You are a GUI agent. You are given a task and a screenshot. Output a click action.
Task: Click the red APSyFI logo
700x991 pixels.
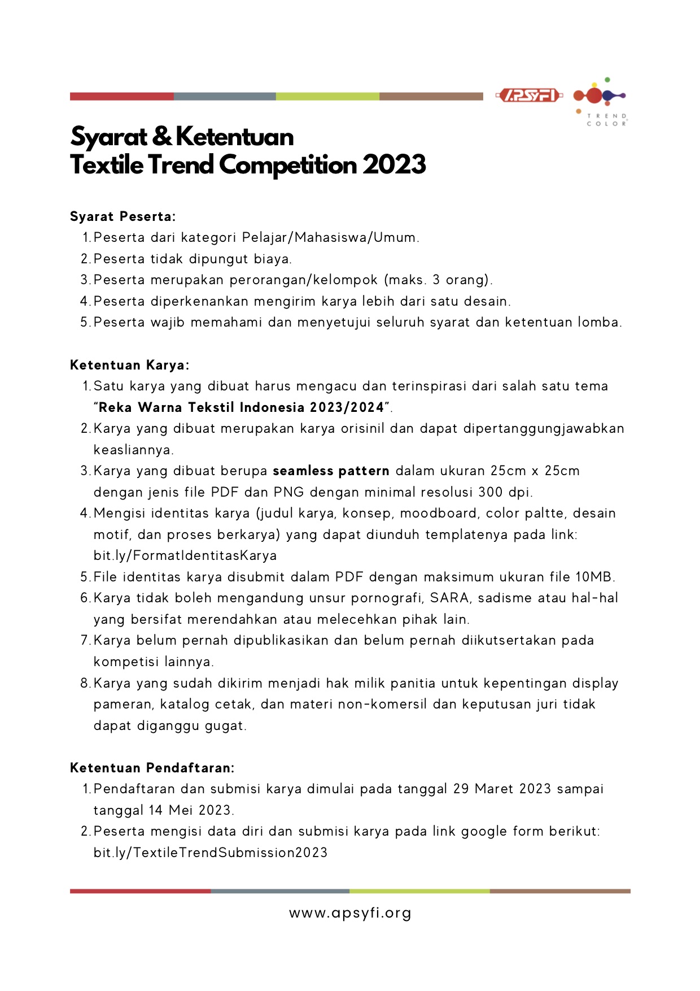point(528,95)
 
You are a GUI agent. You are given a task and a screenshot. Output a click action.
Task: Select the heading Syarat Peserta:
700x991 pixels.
point(123,216)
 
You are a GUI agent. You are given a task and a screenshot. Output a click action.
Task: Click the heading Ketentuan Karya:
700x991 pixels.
point(130,365)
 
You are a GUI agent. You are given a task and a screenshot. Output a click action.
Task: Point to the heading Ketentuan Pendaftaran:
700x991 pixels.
point(152,768)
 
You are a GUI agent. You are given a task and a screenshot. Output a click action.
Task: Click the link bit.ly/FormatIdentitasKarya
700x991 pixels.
point(185,555)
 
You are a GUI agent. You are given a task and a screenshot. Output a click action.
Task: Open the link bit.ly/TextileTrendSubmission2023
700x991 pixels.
point(211,853)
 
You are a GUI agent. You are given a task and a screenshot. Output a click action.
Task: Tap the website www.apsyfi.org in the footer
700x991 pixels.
point(350,913)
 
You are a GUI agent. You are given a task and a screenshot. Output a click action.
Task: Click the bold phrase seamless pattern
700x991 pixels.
point(331,471)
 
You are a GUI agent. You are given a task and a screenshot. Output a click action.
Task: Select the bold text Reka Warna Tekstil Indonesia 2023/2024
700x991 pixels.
point(242,407)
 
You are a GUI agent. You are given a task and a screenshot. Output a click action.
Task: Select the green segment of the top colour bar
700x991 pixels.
point(327,97)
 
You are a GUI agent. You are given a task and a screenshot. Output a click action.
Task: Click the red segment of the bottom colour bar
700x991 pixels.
point(140,891)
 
